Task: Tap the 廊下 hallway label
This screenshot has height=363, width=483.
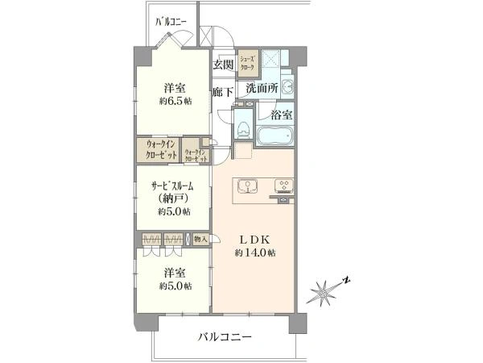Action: (223, 92)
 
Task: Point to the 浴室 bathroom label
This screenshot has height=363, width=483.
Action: (281, 115)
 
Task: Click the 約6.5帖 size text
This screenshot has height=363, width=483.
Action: (175, 102)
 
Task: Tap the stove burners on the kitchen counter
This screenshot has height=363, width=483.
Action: (283, 188)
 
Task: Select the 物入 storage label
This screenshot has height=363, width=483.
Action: (200, 239)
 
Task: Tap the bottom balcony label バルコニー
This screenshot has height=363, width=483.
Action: (225, 336)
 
